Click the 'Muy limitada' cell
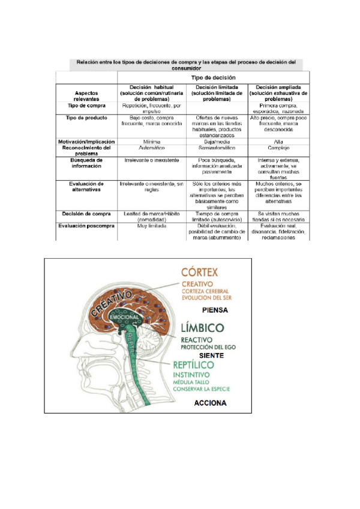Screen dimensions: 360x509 [x=151, y=227]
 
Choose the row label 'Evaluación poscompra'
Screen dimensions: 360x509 [x=87, y=227]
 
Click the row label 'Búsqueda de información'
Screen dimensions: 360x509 [x=87, y=163]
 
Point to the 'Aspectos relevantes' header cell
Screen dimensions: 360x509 [x=87, y=96]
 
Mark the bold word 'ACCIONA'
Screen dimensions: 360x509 [x=211, y=403]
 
